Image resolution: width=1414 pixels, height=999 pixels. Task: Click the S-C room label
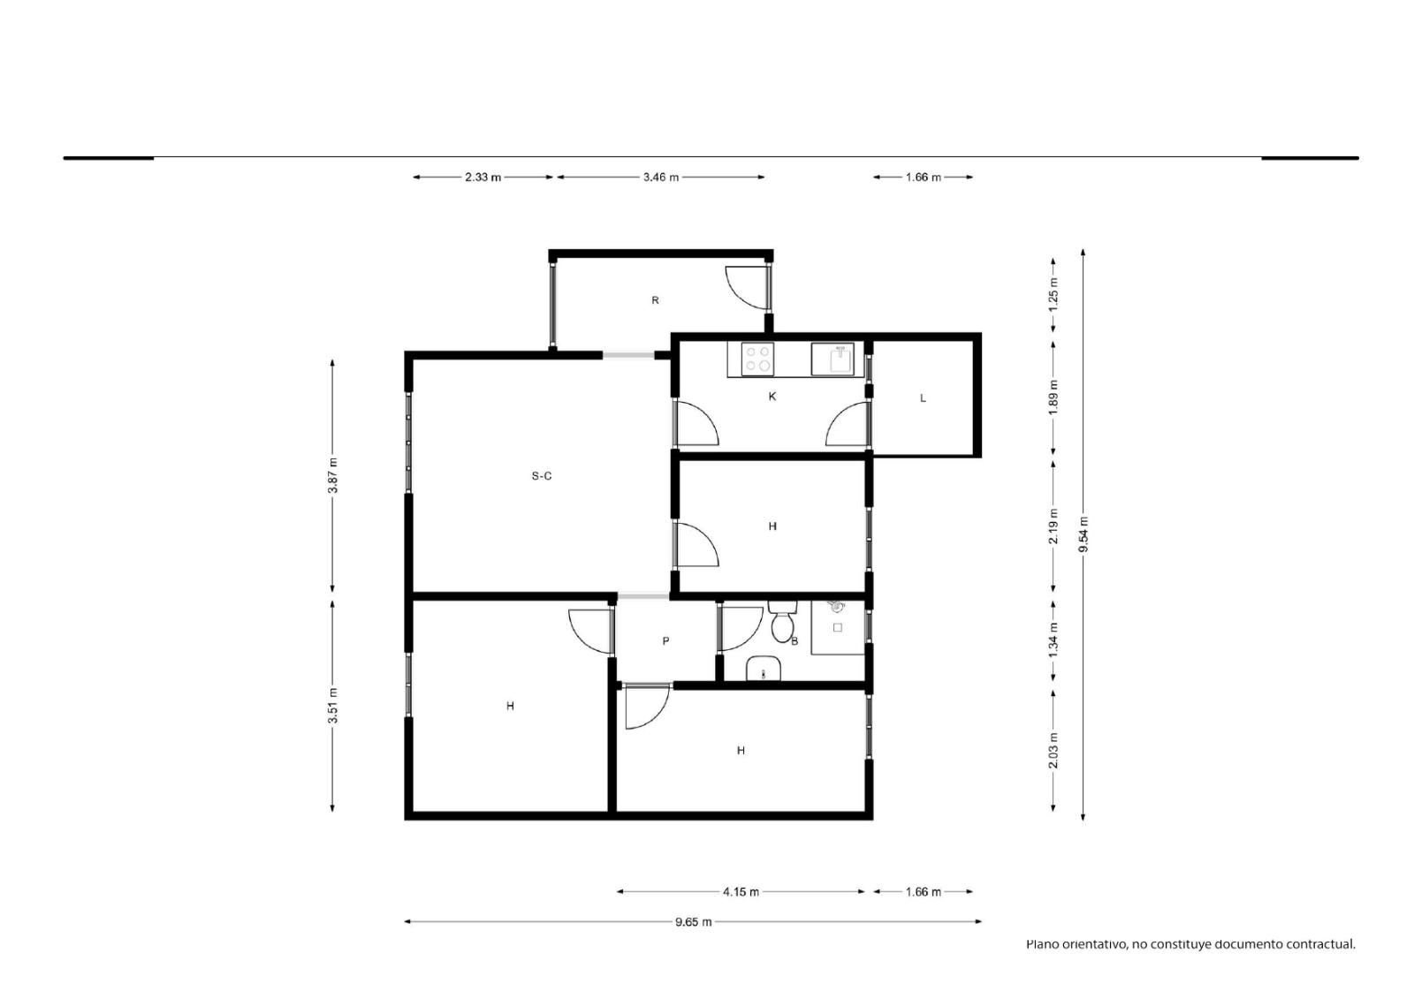click(x=541, y=476)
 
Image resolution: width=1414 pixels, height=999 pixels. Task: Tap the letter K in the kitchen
click(x=772, y=397)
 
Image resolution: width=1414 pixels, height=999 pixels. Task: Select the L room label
click(x=923, y=397)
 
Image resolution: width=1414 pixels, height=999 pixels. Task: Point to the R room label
click(x=655, y=300)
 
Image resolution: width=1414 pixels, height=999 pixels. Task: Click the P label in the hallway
click(x=665, y=641)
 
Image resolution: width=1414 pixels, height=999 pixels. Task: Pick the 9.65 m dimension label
click(x=693, y=922)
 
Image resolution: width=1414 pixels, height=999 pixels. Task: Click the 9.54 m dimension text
click(x=1083, y=534)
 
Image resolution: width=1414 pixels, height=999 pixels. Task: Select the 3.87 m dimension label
click(x=332, y=476)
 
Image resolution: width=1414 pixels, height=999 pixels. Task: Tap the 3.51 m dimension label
click(x=332, y=706)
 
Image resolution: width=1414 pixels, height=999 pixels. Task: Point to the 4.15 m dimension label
click(x=741, y=892)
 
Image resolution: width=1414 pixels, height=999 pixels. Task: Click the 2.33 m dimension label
click(x=483, y=178)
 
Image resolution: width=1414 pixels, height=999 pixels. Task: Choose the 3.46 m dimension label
click(x=661, y=178)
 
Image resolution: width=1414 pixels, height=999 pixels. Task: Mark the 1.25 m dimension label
click(x=1053, y=294)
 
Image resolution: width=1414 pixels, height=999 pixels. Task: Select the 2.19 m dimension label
click(x=1053, y=526)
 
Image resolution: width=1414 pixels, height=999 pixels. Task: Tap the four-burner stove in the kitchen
click(x=757, y=359)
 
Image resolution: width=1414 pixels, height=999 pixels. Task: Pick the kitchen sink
click(x=832, y=359)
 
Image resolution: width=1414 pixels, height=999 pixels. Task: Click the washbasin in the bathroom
click(x=764, y=669)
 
